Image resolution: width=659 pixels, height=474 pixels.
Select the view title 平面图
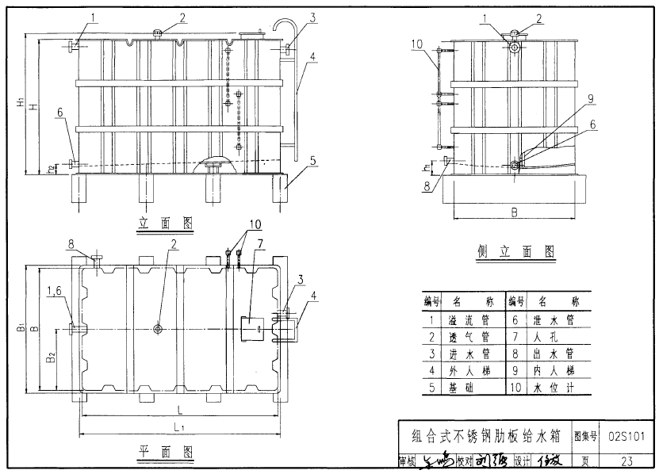[167, 453]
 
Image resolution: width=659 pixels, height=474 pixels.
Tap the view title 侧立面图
[516, 251]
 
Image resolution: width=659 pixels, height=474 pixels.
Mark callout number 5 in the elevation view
[312, 160]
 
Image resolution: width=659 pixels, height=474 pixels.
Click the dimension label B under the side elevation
[514, 212]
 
